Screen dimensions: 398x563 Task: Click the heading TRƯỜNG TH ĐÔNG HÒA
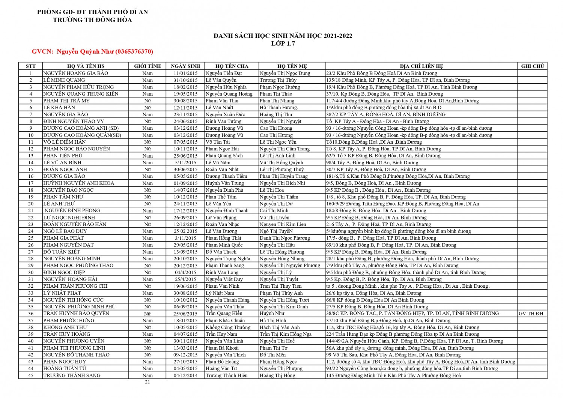pos(92,20)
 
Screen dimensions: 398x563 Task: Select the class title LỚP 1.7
pos(283,44)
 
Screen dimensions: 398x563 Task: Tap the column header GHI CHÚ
pos(532,66)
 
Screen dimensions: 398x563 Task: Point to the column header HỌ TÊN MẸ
pos(292,66)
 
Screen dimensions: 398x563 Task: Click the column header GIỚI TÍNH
pos(148,66)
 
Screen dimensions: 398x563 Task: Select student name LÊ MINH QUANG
pos(64,80)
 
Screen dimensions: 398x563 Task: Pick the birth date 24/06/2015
pos(185,121)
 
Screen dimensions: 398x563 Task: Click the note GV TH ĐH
pos(531,314)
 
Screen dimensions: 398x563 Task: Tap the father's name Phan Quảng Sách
pos(224,156)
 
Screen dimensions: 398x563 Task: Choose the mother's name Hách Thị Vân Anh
pos(280,327)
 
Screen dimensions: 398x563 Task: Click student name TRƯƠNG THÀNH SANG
pos(72,375)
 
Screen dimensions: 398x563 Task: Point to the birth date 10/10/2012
pos(185,300)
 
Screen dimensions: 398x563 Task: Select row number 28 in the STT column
pos(31,259)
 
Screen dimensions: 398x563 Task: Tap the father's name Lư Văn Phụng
pos(221,218)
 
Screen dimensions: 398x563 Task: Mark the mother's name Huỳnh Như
pos(272,314)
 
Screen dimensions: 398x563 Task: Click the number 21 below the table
pos(148,382)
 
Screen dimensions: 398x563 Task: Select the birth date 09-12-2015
pos(185,355)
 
